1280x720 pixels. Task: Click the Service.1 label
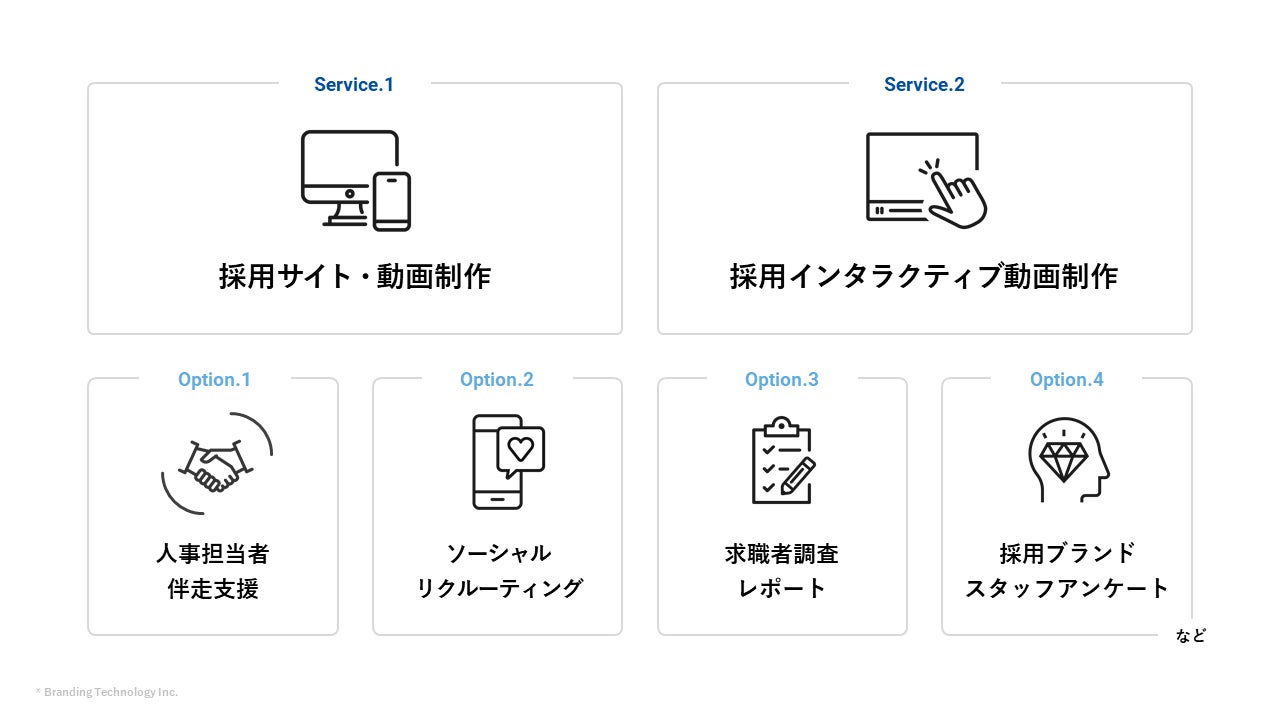click(354, 85)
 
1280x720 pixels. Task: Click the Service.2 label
click(924, 85)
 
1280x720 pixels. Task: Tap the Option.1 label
click(214, 380)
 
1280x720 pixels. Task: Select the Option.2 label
click(497, 380)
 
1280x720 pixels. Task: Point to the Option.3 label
click(782, 380)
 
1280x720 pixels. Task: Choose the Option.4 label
click(1067, 380)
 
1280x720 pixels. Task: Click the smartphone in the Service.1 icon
click(392, 201)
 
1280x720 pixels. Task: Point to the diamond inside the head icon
click(1063, 460)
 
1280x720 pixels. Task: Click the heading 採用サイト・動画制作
click(355, 276)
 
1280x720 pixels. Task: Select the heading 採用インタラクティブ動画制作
click(924, 276)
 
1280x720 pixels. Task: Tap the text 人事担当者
click(213, 553)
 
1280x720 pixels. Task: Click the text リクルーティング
click(499, 588)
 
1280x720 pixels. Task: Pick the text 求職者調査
click(782, 553)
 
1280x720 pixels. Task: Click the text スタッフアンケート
click(1067, 588)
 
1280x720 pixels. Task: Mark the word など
click(1191, 636)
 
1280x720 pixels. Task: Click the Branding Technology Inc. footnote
click(108, 692)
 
